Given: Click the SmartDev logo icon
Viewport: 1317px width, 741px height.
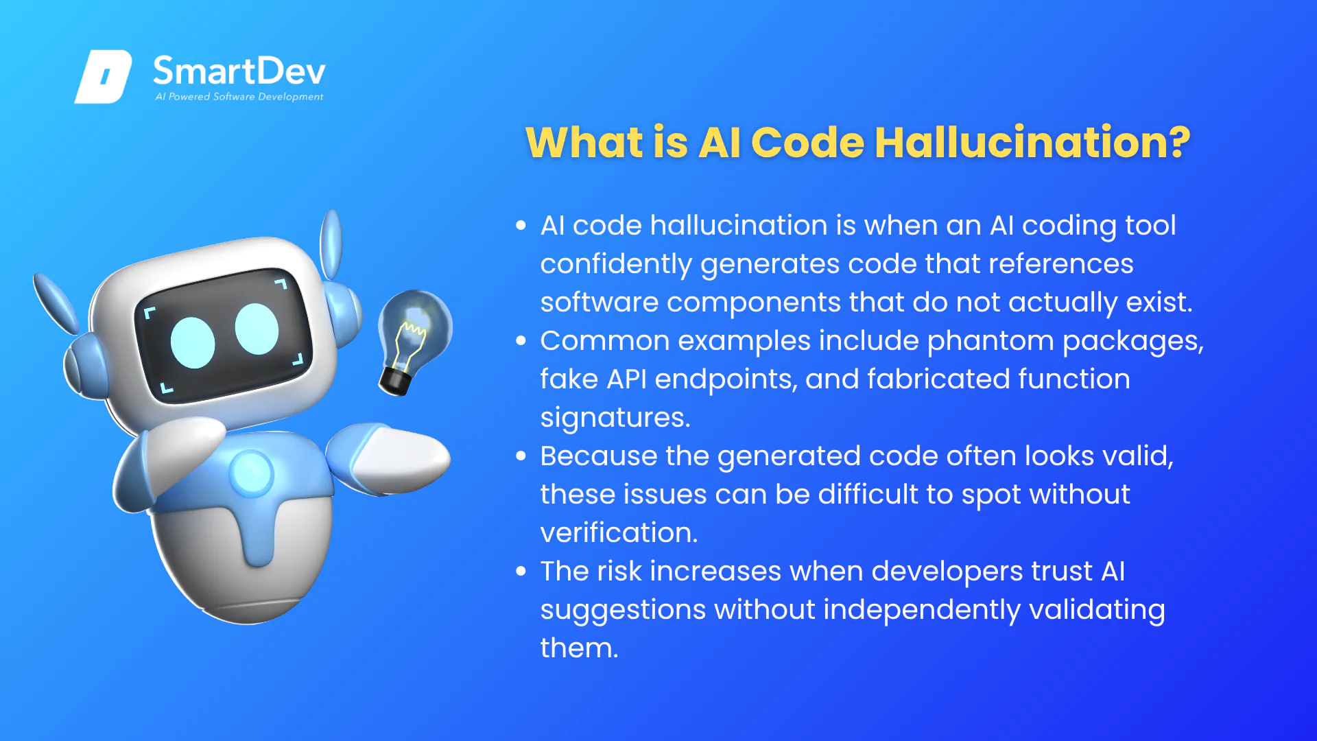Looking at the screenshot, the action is click(103, 77).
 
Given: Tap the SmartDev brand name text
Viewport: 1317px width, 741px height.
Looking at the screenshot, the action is click(239, 71).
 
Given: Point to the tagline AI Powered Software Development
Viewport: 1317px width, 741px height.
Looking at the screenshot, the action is click(239, 97).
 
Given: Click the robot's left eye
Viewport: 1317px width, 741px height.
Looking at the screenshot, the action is click(193, 342).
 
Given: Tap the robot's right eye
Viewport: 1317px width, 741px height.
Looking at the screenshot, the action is click(257, 329).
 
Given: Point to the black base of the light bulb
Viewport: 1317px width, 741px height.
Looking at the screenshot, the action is click(396, 381).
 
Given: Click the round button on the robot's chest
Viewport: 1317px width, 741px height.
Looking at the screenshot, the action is click(251, 473).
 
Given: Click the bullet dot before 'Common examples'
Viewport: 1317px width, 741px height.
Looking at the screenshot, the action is click(521, 340).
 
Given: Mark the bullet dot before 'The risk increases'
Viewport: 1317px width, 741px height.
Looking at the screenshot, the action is click(521, 571).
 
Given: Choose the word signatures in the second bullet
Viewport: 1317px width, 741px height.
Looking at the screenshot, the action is click(615, 419).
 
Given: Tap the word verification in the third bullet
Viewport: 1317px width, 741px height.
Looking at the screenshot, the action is click(619, 532).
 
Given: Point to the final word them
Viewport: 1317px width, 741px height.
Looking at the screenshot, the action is click(579, 648).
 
